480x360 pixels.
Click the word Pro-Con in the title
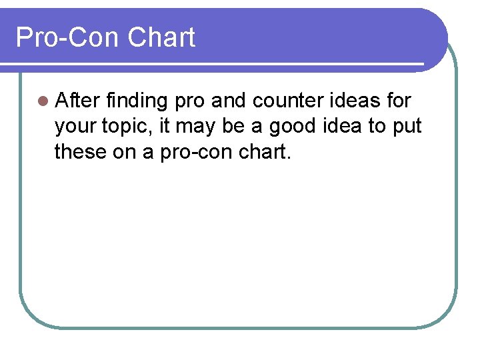[x=67, y=37]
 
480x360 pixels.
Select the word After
[x=77, y=101]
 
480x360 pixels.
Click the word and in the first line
[x=228, y=101]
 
